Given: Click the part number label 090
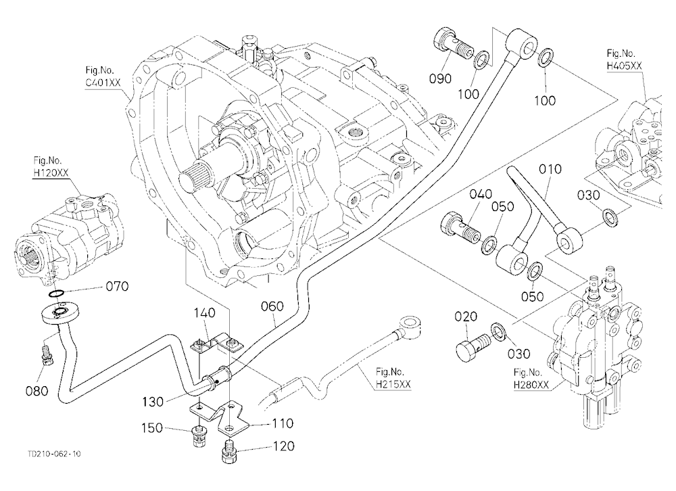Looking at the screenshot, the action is (x=440, y=78).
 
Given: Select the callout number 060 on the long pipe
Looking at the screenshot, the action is (x=272, y=306).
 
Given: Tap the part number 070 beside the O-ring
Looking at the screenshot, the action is (x=117, y=286).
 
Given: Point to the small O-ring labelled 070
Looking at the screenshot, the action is (x=55, y=294).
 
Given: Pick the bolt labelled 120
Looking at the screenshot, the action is (x=229, y=453).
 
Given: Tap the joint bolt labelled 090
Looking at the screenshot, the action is (x=453, y=47).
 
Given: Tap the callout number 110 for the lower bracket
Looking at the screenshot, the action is (x=282, y=423).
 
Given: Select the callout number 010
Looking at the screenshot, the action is (x=550, y=168).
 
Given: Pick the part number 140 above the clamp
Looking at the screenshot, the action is (x=204, y=312).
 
